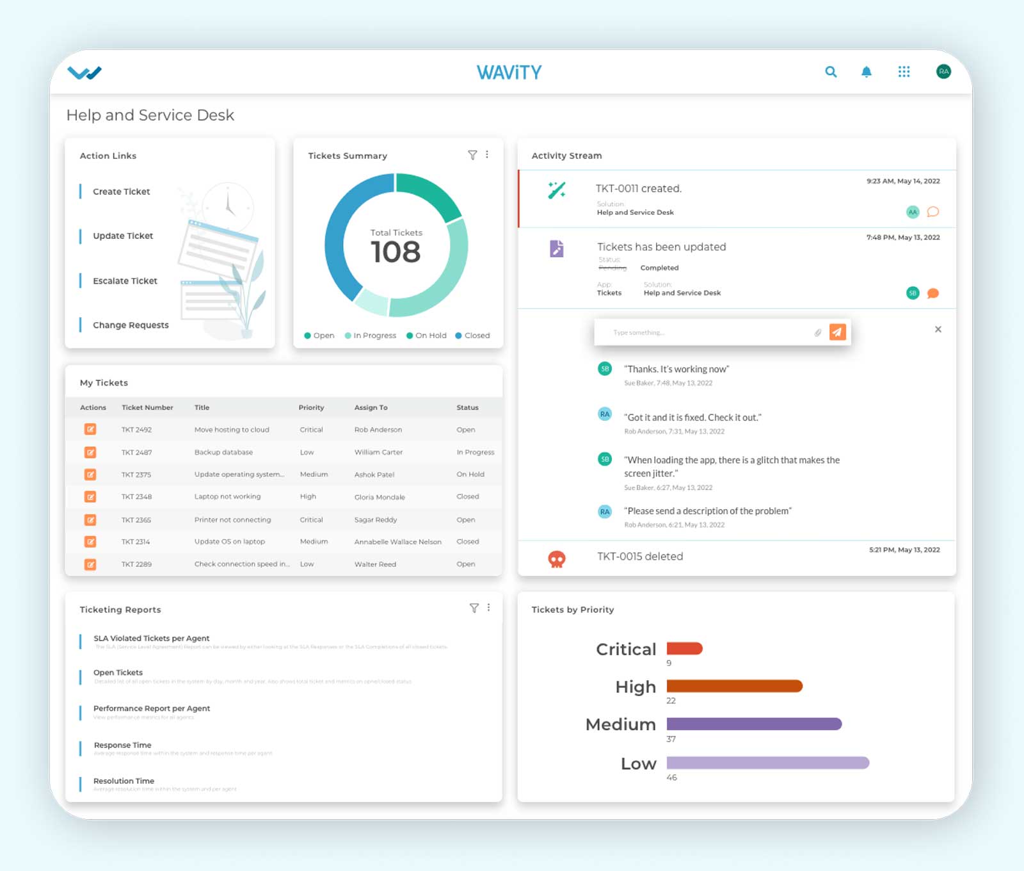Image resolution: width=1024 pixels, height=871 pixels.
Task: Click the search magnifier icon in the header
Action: click(x=831, y=72)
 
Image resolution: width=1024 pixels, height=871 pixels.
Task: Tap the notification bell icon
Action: click(x=866, y=72)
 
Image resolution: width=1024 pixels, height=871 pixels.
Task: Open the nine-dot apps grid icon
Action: click(x=904, y=72)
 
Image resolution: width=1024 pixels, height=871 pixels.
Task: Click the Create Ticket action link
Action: click(x=121, y=191)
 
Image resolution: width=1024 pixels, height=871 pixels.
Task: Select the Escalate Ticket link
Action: click(x=125, y=281)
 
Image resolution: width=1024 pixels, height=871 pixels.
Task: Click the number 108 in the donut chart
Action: click(x=396, y=252)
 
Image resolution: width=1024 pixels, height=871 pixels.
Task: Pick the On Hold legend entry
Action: click(x=427, y=336)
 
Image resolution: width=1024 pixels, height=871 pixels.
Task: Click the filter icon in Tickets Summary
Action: click(x=472, y=155)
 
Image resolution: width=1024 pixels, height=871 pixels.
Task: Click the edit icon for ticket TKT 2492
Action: click(x=90, y=429)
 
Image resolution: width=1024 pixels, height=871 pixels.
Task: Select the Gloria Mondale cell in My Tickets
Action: click(x=380, y=497)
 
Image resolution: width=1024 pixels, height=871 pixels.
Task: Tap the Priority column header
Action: click(x=311, y=407)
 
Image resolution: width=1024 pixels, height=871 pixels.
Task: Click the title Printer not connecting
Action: click(x=232, y=520)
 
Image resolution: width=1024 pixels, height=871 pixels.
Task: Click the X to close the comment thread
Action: click(x=938, y=329)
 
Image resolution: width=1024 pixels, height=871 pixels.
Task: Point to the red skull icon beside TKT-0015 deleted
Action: click(x=557, y=559)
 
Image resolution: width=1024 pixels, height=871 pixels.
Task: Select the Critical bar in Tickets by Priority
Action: click(x=684, y=649)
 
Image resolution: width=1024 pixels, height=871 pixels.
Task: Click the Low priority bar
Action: click(x=767, y=763)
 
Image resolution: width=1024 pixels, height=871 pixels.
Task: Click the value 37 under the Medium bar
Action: click(x=671, y=739)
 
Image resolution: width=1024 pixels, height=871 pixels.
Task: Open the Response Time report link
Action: click(x=122, y=745)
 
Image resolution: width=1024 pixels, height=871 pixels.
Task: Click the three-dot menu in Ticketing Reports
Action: click(x=488, y=608)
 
